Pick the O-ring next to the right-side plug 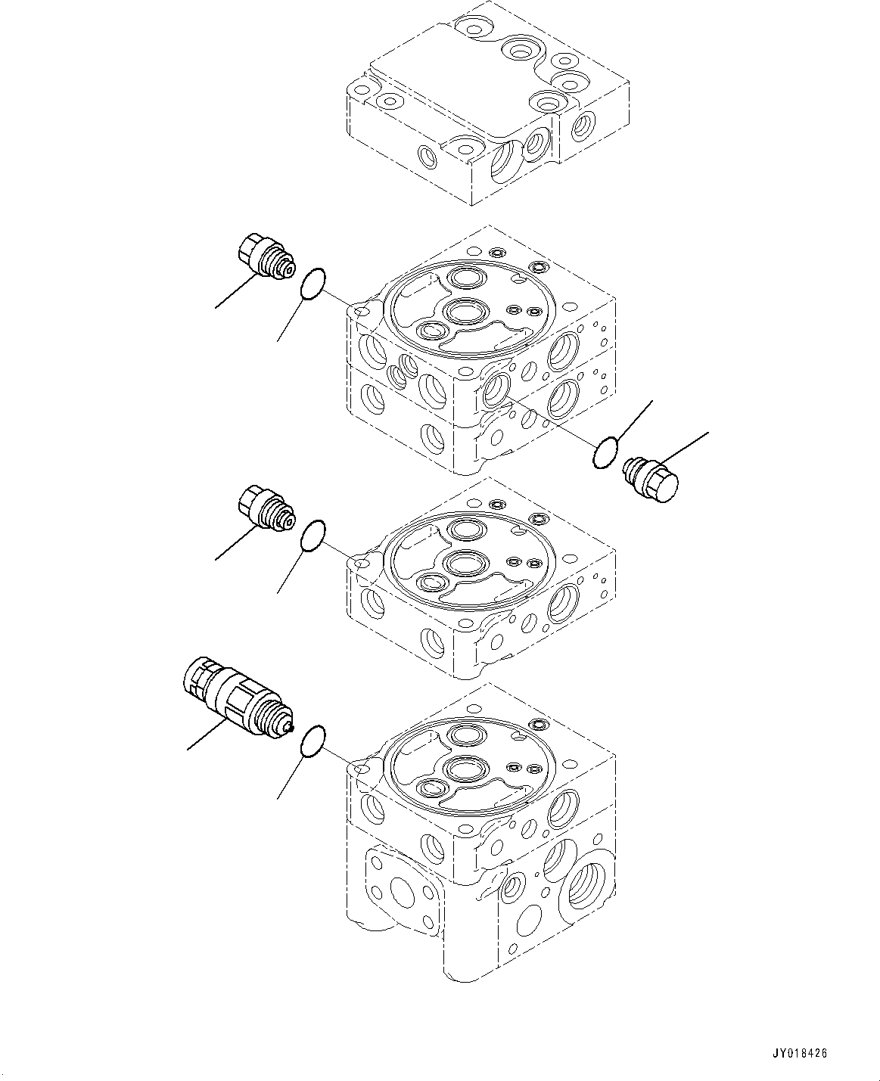coord(605,453)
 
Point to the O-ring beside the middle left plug coord(313,536)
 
